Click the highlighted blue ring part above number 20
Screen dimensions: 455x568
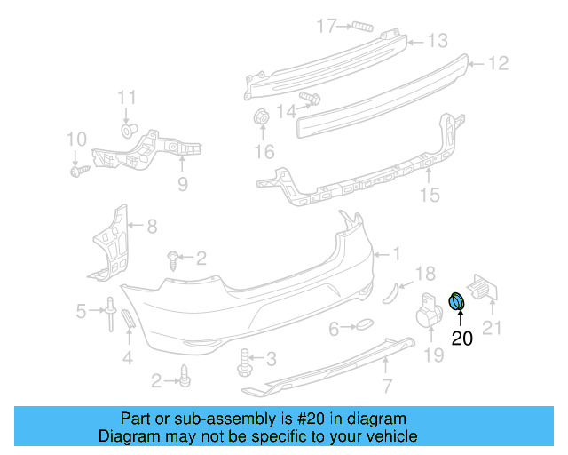coord(457,302)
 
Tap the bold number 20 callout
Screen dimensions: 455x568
coord(462,338)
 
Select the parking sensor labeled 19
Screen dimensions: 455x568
coord(430,313)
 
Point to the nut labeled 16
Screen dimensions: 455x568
coord(262,116)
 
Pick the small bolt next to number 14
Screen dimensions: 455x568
coord(311,98)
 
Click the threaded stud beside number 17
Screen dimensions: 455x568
coord(359,25)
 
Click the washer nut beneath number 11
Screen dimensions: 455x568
coord(128,131)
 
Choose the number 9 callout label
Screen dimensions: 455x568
coord(183,184)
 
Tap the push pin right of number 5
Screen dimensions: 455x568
coord(109,311)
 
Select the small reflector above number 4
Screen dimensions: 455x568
coord(126,321)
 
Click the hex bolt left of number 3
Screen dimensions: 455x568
coord(244,361)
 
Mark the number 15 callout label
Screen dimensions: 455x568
coord(430,195)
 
